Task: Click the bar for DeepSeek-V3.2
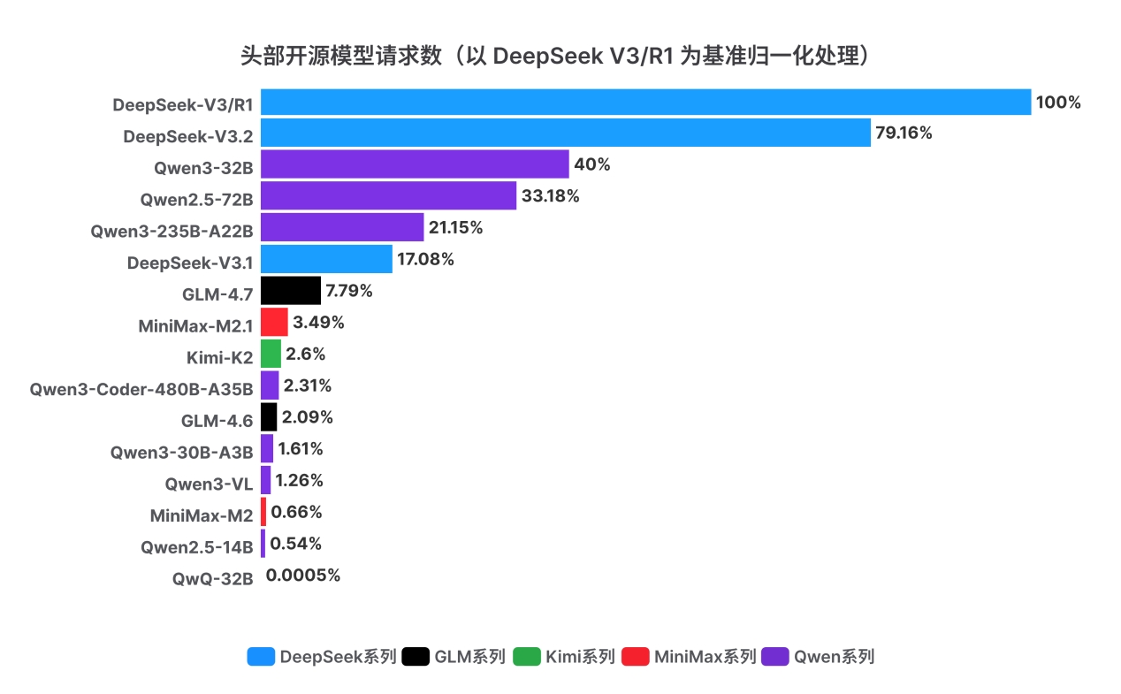[x=566, y=133]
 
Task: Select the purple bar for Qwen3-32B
[x=415, y=164]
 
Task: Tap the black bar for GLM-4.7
[x=290, y=290]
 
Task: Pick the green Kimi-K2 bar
[x=271, y=354]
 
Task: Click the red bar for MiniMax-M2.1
[x=274, y=322]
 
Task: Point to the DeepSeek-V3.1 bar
[x=326, y=259]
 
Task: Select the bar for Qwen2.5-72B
[x=388, y=196]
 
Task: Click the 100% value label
[x=1058, y=103]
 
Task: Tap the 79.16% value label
[x=904, y=133]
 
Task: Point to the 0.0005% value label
[x=303, y=576]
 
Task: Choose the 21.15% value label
[x=455, y=227]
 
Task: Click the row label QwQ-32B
[x=213, y=580]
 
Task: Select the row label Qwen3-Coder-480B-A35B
[x=141, y=389]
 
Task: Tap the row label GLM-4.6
[x=217, y=421]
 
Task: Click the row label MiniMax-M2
[x=202, y=515]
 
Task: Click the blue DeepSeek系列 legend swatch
[x=261, y=657]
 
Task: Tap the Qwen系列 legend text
[x=834, y=657]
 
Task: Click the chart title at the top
[x=560, y=57]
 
